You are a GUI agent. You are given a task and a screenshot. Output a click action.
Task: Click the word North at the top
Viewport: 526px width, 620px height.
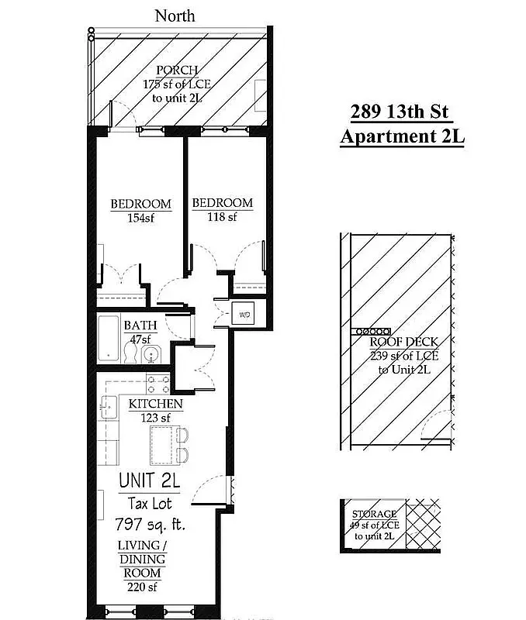point(175,15)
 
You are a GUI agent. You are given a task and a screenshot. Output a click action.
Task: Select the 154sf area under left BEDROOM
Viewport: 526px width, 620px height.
point(140,218)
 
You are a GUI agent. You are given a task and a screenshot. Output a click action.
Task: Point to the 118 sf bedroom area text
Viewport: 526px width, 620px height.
point(222,217)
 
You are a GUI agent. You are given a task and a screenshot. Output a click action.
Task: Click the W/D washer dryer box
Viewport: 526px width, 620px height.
point(244,315)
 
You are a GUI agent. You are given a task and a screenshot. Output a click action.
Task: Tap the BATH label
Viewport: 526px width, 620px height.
point(140,325)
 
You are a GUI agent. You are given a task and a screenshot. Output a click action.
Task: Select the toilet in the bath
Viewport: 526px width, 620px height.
point(131,354)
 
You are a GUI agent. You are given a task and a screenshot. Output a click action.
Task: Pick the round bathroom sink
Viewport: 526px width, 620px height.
point(151,355)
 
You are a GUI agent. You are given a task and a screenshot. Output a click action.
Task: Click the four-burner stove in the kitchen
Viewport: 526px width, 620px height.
point(158,385)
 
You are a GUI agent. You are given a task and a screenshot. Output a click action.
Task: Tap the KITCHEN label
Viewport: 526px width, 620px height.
point(155,404)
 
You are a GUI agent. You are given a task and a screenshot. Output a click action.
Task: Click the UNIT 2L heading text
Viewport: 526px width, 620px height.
point(149,480)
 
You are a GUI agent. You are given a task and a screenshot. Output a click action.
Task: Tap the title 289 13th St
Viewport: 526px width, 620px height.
point(400,111)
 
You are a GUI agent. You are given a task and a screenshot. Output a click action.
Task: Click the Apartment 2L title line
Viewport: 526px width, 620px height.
point(402,137)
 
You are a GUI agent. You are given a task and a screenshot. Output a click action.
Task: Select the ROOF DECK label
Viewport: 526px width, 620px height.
point(403,342)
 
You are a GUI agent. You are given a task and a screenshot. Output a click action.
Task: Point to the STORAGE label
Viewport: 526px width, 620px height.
point(375,514)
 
